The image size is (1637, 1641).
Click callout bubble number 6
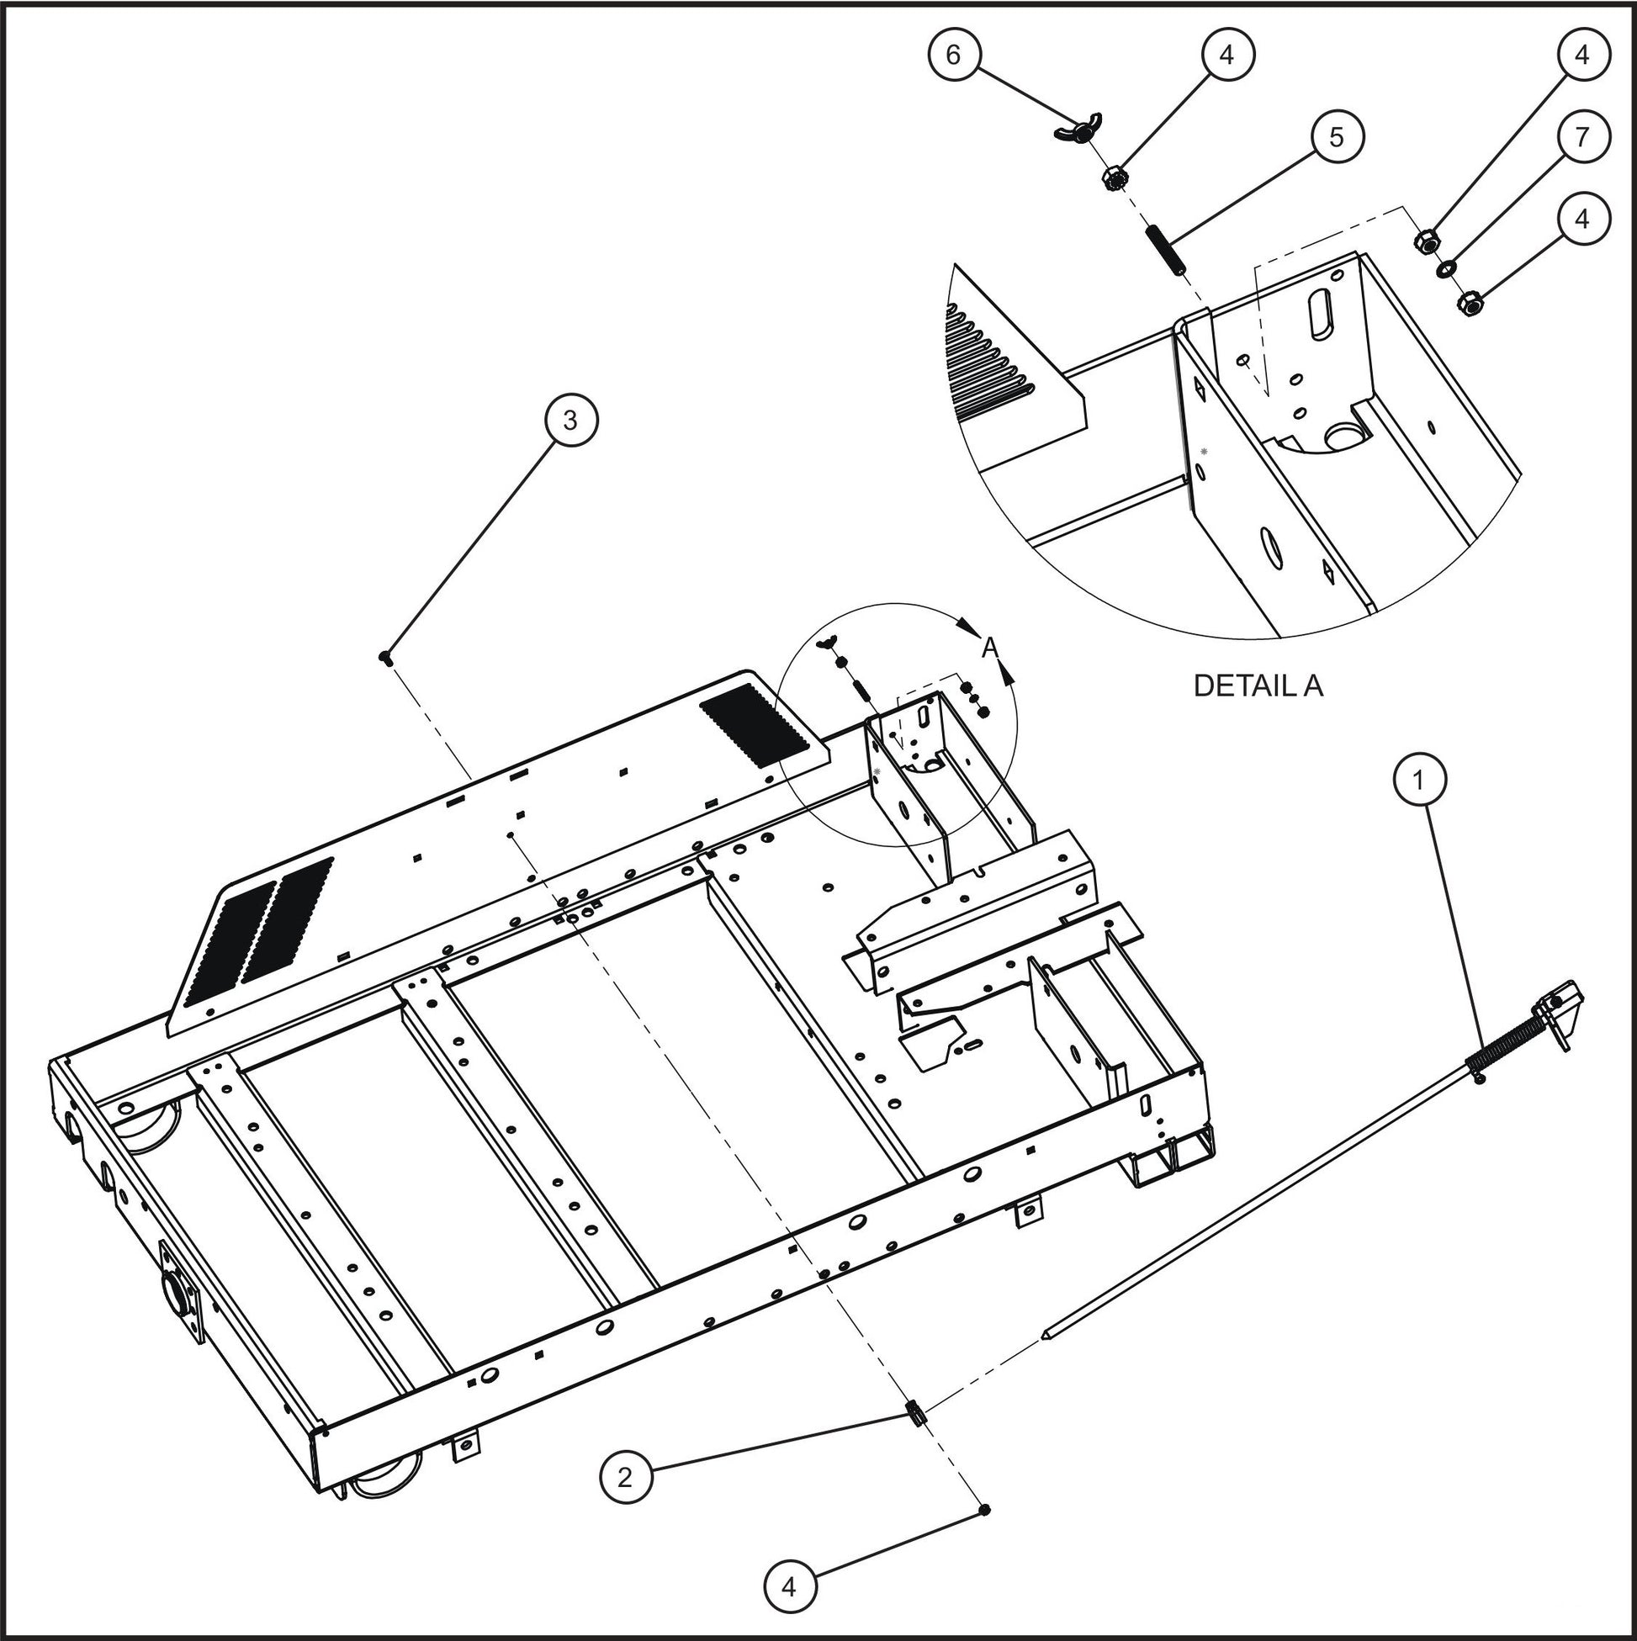click(x=953, y=55)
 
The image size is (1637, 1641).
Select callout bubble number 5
click(x=1337, y=137)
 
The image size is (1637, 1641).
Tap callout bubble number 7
click(x=1581, y=137)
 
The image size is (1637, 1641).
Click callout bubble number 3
click(x=570, y=420)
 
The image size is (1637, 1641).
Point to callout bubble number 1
click(x=1419, y=778)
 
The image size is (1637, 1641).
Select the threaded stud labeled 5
click(x=1168, y=248)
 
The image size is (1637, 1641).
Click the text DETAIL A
click(x=1258, y=686)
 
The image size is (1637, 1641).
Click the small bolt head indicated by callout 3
click(x=384, y=656)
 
